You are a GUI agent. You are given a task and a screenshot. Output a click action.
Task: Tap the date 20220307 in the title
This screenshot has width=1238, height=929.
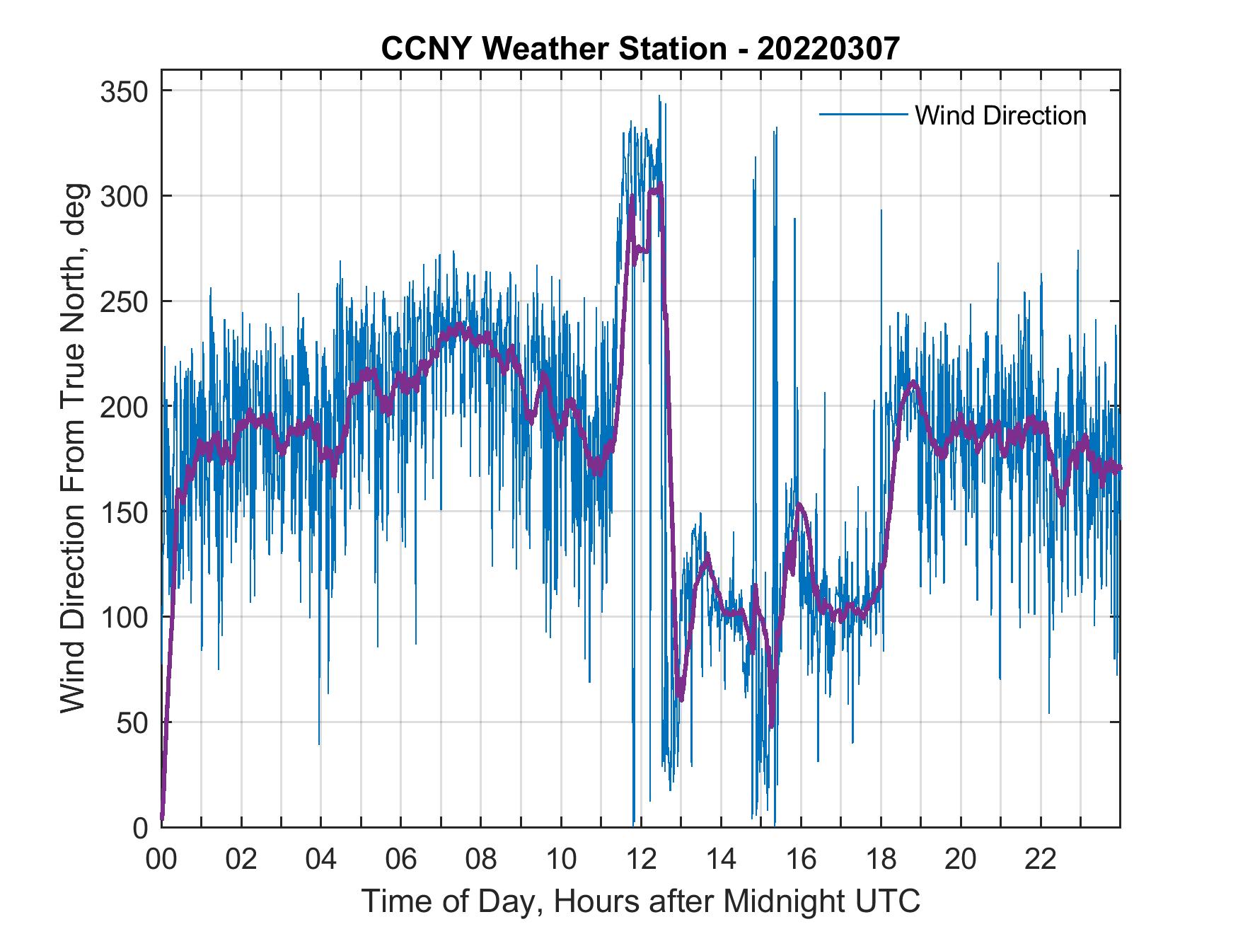(828, 49)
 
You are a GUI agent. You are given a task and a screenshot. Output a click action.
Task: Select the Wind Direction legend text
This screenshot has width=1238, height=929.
(1000, 115)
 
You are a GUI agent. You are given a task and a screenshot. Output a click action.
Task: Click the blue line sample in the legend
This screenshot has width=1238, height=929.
(862, 114)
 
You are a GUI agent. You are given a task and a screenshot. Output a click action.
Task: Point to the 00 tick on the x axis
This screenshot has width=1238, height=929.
(161, 860)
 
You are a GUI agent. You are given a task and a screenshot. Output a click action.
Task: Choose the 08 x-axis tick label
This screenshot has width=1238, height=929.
(481, 860)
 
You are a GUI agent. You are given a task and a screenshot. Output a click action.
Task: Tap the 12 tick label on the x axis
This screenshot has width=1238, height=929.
(641, 860)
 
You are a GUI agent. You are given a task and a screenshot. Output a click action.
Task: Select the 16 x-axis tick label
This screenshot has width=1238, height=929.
(801, 860)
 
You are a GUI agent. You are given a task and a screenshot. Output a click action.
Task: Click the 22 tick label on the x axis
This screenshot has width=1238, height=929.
(1041, 860)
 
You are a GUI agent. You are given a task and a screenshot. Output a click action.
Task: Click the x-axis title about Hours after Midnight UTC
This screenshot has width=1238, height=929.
(641, 901)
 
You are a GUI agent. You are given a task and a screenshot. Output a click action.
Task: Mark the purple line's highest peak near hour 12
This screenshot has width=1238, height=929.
(659, 185)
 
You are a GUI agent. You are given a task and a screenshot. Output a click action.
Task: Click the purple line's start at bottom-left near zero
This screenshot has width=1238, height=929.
(163, 817)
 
